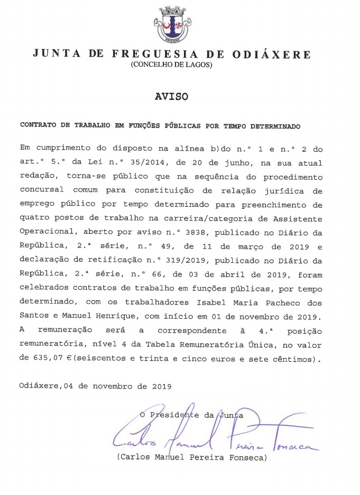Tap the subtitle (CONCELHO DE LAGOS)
171,65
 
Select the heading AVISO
171,97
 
